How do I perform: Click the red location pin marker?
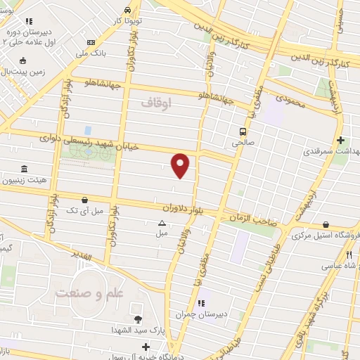[181, 165]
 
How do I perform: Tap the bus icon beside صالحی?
[243, 131]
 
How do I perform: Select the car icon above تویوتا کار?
[127, 11]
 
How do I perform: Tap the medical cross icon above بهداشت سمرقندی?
[341, 141]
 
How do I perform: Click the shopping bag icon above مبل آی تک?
[85, 200]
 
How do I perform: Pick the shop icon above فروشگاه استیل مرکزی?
[325, 225]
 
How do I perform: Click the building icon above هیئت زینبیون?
[25, 169]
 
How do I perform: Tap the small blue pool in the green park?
[87, 131]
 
